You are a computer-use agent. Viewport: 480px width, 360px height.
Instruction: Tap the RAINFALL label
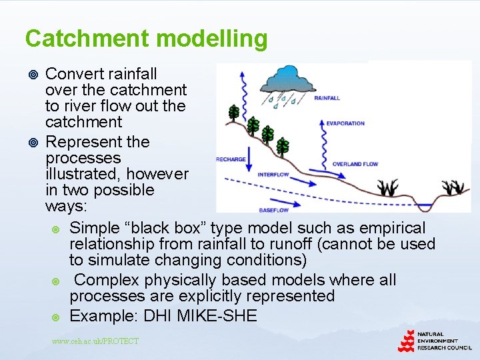tap(327, 98)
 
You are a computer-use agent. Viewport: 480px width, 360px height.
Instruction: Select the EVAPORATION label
tap(345, 123)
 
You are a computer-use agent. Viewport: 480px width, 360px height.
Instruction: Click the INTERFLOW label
tap(273, 175)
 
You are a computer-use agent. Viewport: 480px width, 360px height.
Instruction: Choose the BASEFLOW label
tap(273, 210)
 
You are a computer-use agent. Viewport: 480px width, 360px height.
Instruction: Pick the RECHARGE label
tap(231, 159)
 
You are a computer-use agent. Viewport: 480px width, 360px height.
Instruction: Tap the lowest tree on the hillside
tap(283, 147)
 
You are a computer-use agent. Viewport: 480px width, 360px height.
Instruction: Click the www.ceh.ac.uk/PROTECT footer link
tap(95, 341)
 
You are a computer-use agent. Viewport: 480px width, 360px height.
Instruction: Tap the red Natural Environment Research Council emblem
tap(406, 341)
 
